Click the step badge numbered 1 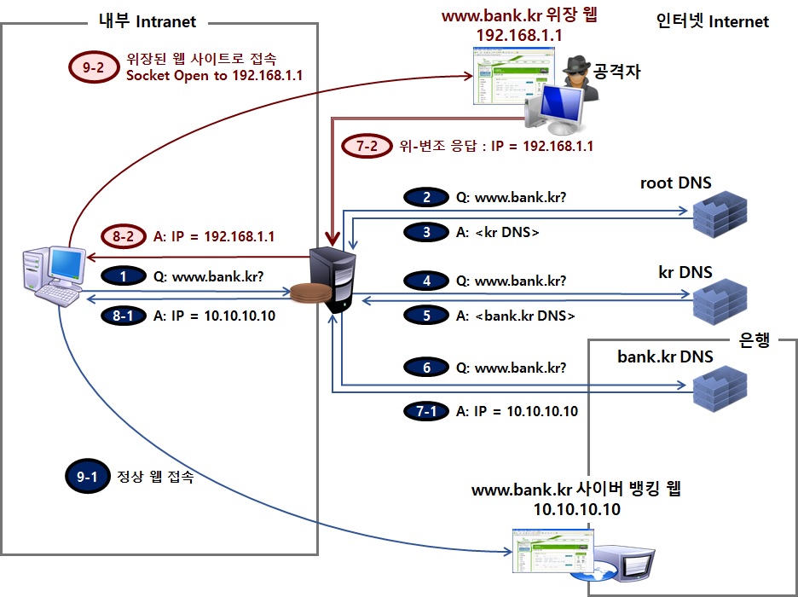tap(124, 276)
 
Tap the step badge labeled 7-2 tap(367, 146)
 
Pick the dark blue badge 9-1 tap(88, 478)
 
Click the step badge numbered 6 tap(427, 368)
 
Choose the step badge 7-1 tap(427, 411)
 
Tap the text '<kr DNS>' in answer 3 tap(507, 232)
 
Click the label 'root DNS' tap(676, 183)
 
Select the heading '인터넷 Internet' tap(713, 21)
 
